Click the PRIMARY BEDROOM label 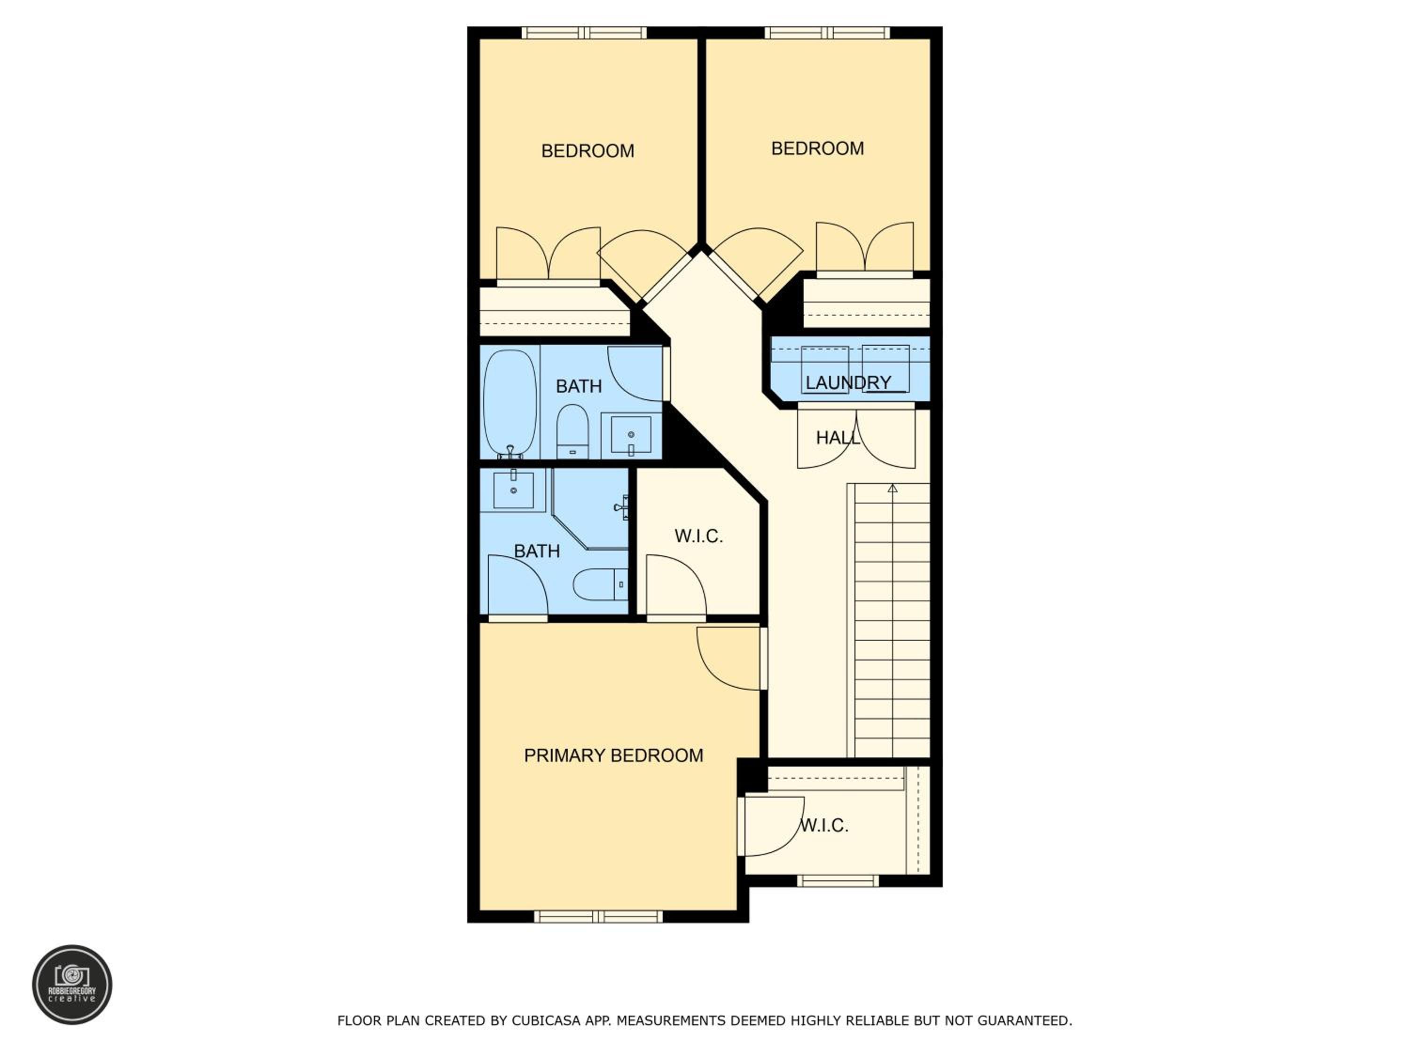613,755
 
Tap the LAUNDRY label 848,382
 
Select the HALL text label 838,438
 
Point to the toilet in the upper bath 572,431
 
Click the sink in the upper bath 631,435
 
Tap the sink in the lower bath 513,490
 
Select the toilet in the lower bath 600,584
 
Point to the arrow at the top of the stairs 893,489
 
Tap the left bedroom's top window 584,32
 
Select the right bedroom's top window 827,32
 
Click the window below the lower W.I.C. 838,880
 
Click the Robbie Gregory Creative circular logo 72,984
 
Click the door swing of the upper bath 635,374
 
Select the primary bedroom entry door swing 729,658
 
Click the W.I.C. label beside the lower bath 698,536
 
